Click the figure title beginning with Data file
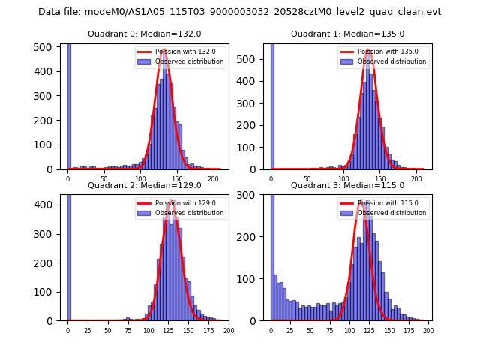point(240,12)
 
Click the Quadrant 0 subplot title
point(144,34)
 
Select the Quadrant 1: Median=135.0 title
point(347,34)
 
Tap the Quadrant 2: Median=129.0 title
point(144,185)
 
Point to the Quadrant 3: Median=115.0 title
point(347,185)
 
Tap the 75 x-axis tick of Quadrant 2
point(128,330)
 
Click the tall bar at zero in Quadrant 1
point(271,105)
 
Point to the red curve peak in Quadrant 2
point(172,201)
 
